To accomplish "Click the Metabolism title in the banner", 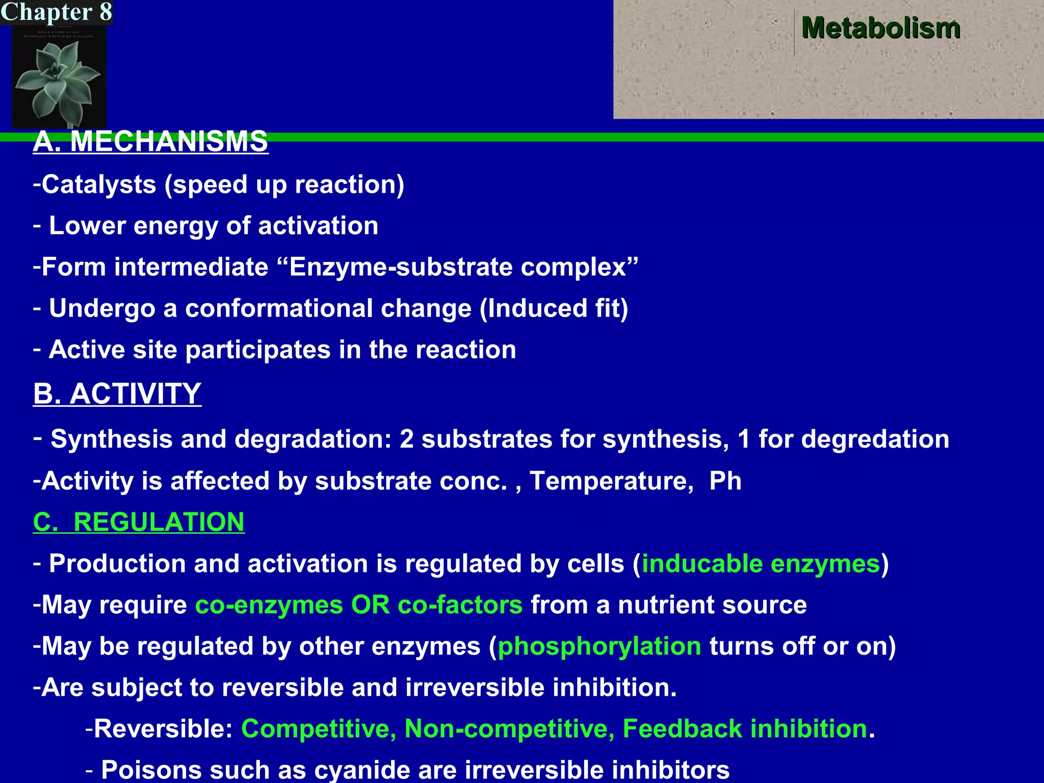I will [880, 28].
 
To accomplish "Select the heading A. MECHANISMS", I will [150, 141].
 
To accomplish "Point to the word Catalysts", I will [99, 185].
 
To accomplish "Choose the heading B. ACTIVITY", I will [117, 394].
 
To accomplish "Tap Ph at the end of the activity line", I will [725, 481].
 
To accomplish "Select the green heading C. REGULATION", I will [139, 523].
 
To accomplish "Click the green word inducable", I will [702, 564].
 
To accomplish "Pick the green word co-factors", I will [460, 605].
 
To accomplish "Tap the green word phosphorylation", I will [599, 646].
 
